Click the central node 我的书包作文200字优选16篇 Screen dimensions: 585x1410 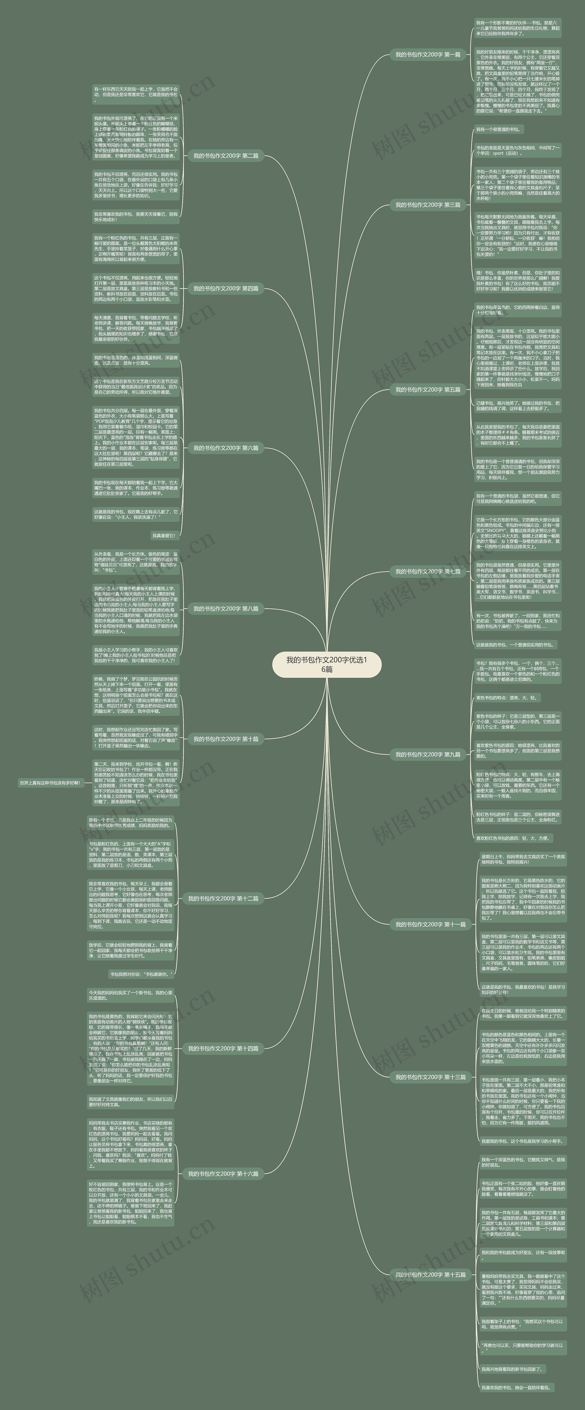click(x=327, y=664)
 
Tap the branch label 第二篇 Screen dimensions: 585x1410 click(x=226, y=156)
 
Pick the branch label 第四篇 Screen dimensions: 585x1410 click(x=226, y=288)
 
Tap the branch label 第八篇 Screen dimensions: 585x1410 click(x=226, y=609)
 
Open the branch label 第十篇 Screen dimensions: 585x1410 click(x=226, y=739)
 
